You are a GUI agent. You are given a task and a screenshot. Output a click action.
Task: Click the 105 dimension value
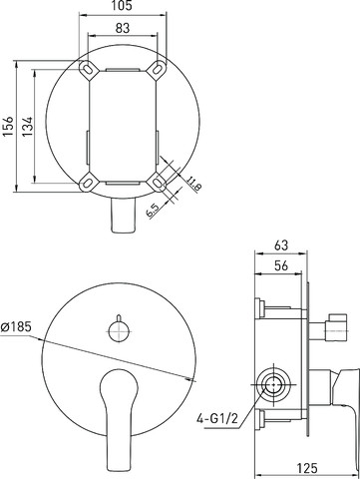click(123, 6)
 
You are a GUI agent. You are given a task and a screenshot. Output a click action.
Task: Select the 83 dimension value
click(123, 28)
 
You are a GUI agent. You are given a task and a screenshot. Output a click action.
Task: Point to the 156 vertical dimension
click(8, 126)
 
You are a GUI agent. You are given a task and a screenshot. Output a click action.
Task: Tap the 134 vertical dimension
click(28, 126)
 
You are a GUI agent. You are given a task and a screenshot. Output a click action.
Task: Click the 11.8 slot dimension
click(193, 184)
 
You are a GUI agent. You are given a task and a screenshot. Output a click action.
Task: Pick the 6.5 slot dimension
click(153, 211)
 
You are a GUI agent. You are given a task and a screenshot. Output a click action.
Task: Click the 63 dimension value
click(281, 245)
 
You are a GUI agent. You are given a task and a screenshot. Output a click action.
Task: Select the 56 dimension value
click(281, 265)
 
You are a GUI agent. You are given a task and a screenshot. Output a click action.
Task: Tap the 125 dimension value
click(307, 468)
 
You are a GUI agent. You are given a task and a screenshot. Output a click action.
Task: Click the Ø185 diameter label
click(16, 327)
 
